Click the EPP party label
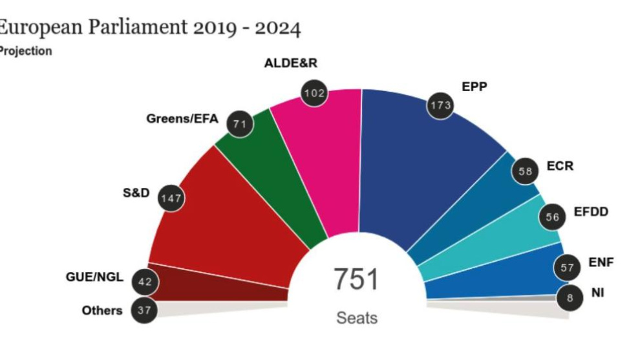[x=475, y=86]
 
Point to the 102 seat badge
[x=315, y=93]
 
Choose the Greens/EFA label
[x=182, y=119]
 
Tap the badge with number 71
[x=240, y=124]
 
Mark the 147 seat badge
[x=171, y=198]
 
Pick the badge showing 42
[x=145, y=281]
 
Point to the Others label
[x=101, y=310]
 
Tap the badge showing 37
[x=144, y=311]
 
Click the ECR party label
[x=560, y=166]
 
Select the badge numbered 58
[x=525, y=171]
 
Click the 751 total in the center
[x=356, y=280]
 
